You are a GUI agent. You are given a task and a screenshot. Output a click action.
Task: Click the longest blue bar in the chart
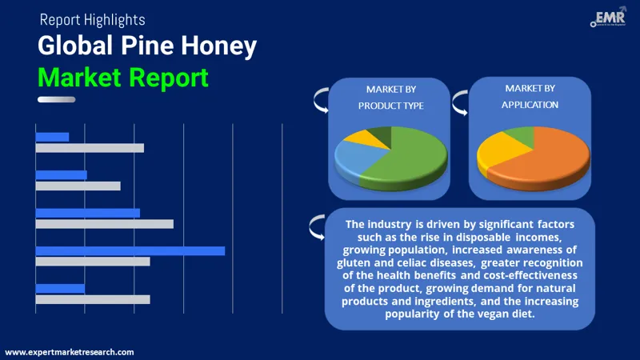130,250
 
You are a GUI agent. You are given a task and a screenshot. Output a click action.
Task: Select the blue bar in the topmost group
52,137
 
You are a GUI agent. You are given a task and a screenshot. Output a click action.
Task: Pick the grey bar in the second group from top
78,186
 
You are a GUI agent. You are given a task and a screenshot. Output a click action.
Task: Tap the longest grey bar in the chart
104,224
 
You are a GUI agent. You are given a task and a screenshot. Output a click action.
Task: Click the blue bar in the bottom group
60,288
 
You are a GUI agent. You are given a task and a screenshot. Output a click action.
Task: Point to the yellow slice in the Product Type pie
357,138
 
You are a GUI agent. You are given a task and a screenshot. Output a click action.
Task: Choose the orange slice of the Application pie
552,156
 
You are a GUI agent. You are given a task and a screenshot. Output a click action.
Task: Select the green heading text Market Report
123,78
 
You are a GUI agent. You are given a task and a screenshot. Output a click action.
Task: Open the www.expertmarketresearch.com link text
70,352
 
